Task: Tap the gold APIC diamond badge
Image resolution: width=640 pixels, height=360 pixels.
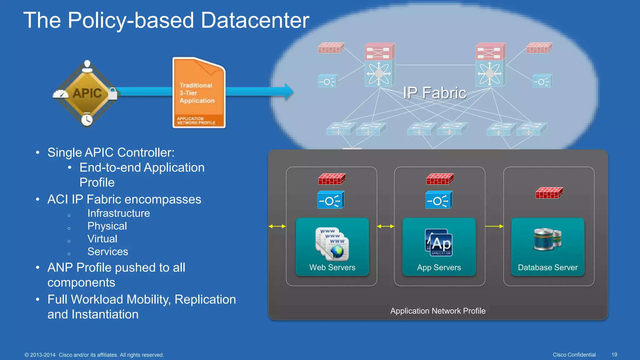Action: coord(87,93)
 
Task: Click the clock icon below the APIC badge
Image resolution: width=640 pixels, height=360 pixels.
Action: coord(87,120)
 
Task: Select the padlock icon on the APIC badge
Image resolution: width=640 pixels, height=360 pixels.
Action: coord(112,93)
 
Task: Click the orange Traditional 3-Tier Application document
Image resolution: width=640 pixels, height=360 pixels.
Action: coord(199,93)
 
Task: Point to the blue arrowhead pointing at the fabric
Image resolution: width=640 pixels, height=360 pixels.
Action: coord(289,91)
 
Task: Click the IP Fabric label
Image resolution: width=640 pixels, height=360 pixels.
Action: coord(434,93)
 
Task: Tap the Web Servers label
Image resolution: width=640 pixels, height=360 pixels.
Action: coord(332,267)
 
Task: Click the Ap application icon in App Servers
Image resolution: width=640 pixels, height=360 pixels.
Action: coord(439,243)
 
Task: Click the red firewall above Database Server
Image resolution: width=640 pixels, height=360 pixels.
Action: coord(549,193)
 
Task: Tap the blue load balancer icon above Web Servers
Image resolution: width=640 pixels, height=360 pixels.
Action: coord(331,200)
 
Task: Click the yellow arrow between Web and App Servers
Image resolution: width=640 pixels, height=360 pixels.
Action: coord(386,226)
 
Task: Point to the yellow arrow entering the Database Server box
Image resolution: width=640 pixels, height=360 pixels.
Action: coord(494,226)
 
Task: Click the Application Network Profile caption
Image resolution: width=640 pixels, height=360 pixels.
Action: coord(437,311)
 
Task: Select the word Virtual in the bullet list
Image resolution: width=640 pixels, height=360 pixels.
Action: coord(102,239)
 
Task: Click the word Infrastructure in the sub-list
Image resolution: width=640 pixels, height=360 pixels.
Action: coord(118,213)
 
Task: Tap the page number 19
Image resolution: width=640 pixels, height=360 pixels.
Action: coord(614,355)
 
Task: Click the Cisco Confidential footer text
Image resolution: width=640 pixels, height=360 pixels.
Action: coord(574,355)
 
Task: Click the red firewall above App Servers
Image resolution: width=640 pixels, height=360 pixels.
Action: coord(440,179)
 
